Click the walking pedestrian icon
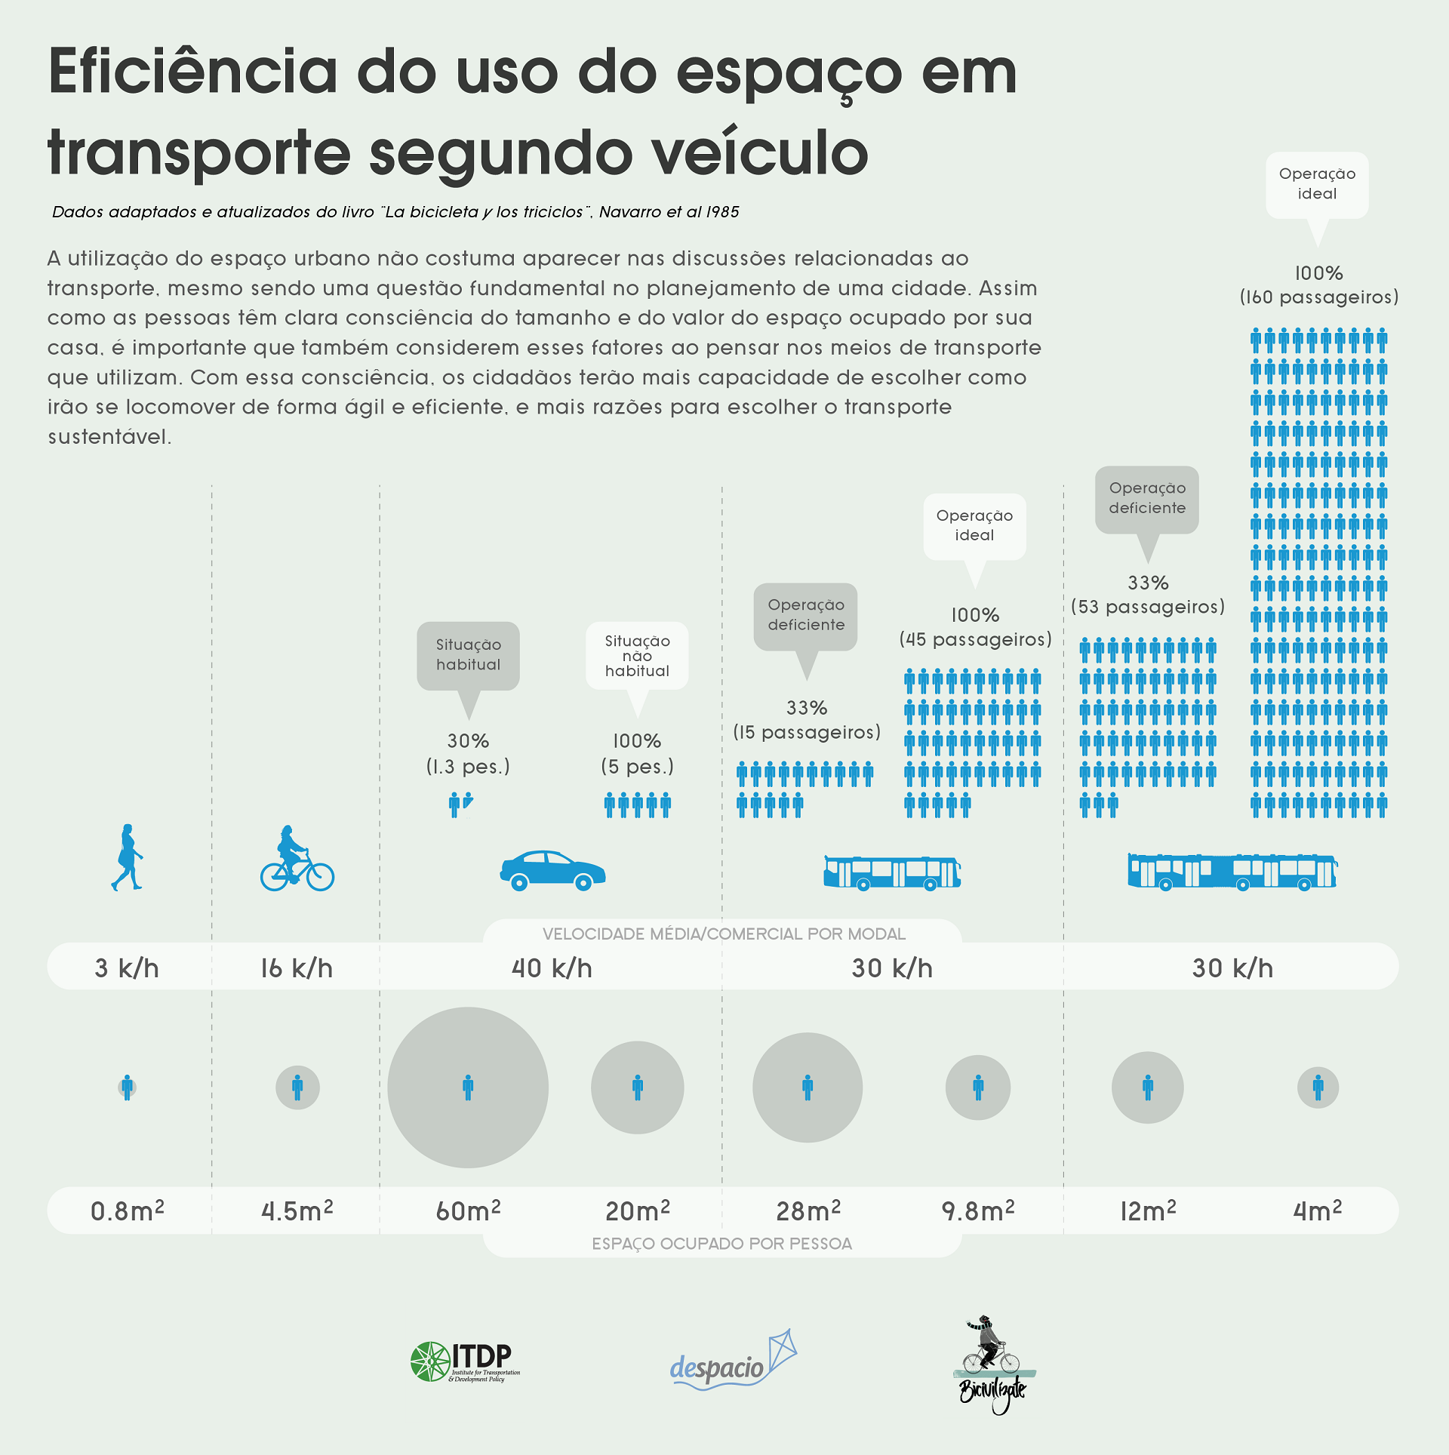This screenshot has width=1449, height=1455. point(127,857)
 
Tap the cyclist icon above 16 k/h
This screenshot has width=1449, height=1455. point(297,859)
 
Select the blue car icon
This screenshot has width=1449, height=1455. point(552,871)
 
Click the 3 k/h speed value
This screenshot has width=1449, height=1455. point(127,968)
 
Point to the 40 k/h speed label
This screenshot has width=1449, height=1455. point(552,968)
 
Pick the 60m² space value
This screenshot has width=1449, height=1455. point(468,1210)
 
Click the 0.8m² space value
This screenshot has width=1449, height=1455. point(127,1210)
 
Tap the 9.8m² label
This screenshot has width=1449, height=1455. point(977,1210)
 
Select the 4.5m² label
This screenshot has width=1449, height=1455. point(297,1210)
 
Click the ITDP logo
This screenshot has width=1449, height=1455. point(465,1362)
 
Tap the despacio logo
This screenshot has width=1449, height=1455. point(733,1361)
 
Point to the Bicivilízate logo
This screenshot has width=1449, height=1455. point(993,1365)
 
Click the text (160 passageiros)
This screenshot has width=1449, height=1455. point(1318,297)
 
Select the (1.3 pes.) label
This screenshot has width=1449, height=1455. point(468,767)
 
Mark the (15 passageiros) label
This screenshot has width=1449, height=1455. point(807,733)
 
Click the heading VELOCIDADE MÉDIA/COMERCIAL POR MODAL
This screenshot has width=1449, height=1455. point(723,934)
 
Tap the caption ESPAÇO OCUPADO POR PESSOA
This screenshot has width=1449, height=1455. point(722,1244)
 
